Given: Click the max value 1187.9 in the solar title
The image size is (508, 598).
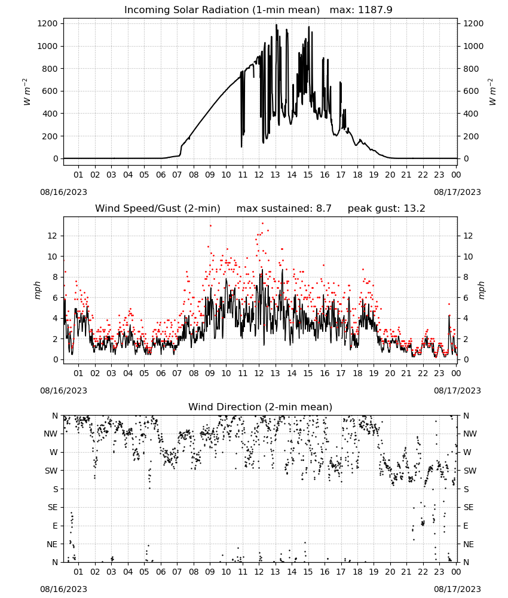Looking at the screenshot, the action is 375,10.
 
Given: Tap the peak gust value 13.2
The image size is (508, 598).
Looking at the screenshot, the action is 414,208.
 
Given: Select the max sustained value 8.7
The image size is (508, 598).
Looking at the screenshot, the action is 323,208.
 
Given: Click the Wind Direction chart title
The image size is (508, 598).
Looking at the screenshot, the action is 261,407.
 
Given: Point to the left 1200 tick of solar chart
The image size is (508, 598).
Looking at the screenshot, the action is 47,24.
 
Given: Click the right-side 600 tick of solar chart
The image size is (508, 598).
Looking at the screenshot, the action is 471,91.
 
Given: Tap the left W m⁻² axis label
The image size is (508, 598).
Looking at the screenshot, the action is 27,91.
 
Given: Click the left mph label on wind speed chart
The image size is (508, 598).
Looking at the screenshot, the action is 37,290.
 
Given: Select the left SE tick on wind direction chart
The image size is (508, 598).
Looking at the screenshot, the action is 53,507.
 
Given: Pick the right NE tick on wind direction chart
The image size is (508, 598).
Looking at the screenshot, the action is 469,544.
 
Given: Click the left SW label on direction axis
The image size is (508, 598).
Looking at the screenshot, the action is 51,471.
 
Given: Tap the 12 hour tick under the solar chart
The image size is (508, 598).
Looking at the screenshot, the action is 259,175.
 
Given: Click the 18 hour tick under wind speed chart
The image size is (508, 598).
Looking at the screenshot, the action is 357,373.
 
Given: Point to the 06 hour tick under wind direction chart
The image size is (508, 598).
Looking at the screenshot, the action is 160,572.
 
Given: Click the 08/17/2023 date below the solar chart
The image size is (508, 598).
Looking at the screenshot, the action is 457,192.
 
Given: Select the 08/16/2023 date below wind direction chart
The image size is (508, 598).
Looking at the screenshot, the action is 63,589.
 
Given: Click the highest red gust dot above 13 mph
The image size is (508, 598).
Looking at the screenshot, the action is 262,224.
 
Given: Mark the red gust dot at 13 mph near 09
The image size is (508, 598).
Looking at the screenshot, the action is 210,226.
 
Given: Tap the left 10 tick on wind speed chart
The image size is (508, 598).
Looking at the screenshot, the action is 53,257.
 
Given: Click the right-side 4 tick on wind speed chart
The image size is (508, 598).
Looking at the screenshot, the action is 466,319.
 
